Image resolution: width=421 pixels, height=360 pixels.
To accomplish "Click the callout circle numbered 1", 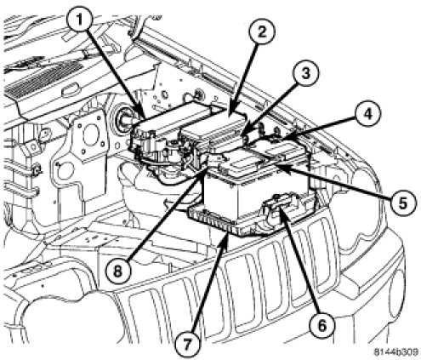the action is (x=80, y=20).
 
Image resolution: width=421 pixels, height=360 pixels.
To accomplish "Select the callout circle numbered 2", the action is (x=261, y=32).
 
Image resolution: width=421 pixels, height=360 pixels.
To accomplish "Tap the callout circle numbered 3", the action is (x=305, y=73).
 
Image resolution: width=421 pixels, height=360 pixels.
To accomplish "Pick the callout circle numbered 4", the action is (x=367, y=114).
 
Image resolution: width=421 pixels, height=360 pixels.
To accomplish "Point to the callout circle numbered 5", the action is (x=402, y=203).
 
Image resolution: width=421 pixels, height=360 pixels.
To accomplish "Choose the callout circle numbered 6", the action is (x=322, y=325).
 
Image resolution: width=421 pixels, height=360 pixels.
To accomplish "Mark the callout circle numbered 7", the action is (x=187, y=345).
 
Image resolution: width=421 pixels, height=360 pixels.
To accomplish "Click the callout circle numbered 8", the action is (x=117, y=271).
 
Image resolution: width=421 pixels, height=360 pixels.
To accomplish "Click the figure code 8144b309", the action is (x=395, y=352).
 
